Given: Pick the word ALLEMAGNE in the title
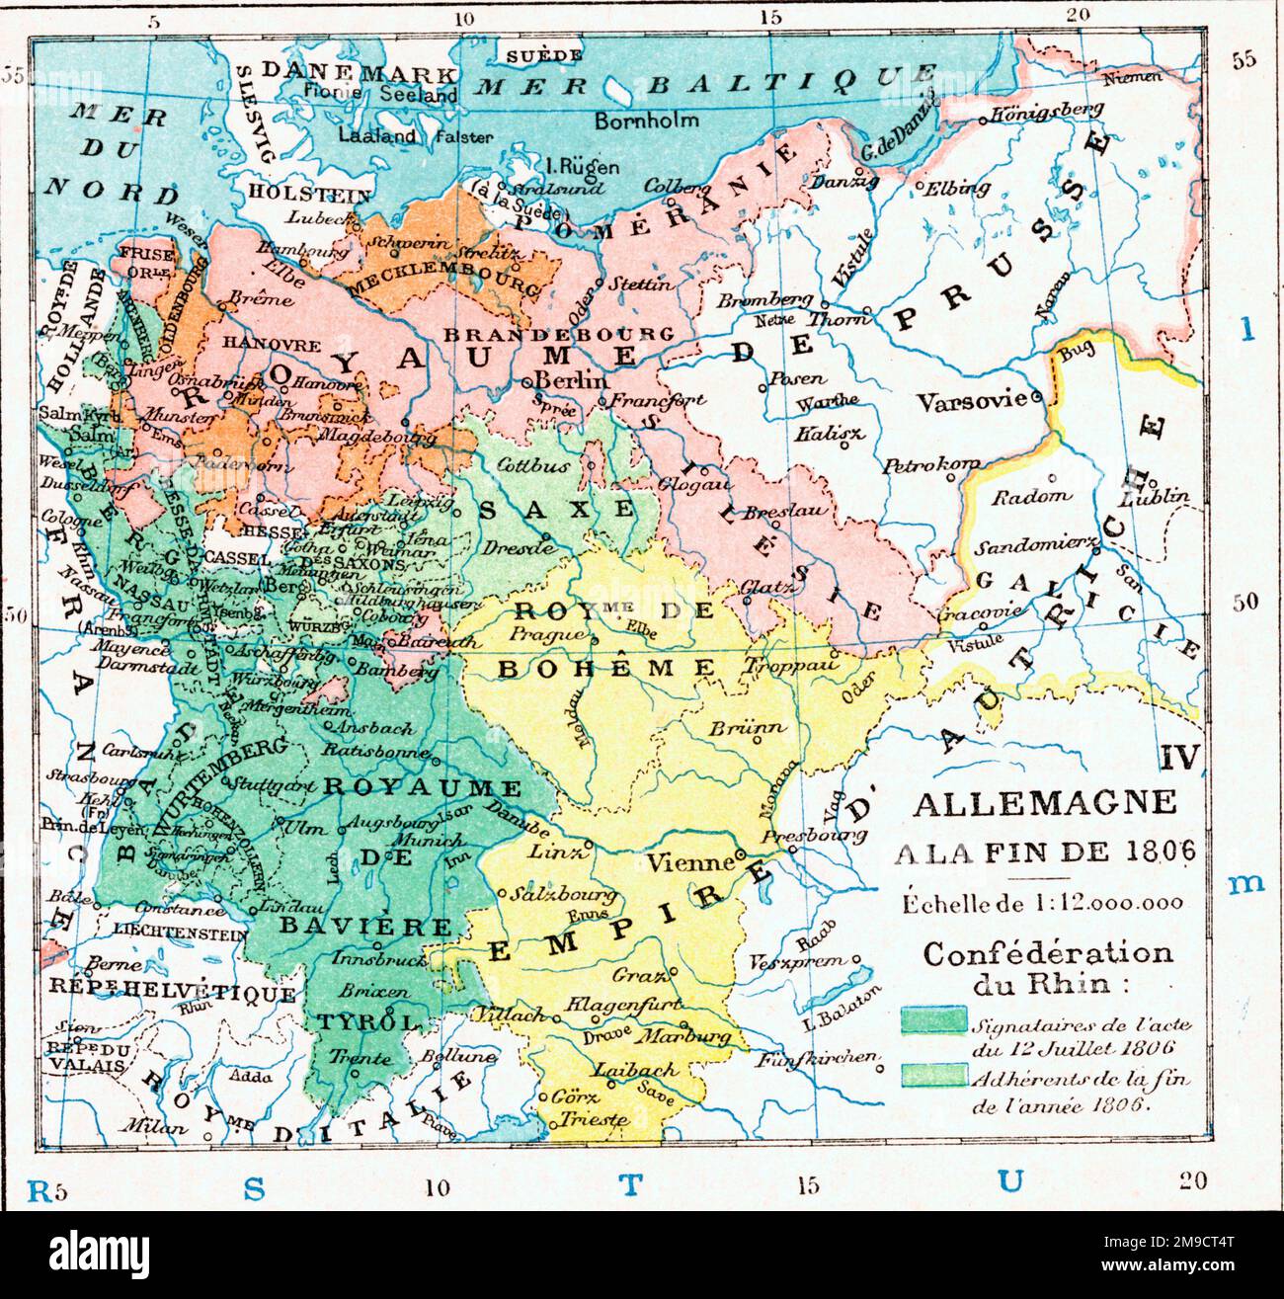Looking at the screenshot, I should [1044, 802].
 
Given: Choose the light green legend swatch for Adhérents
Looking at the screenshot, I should [932, 1077].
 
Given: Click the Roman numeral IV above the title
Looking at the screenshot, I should [1179, 758].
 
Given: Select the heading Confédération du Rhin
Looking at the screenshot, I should [1048, 968].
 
